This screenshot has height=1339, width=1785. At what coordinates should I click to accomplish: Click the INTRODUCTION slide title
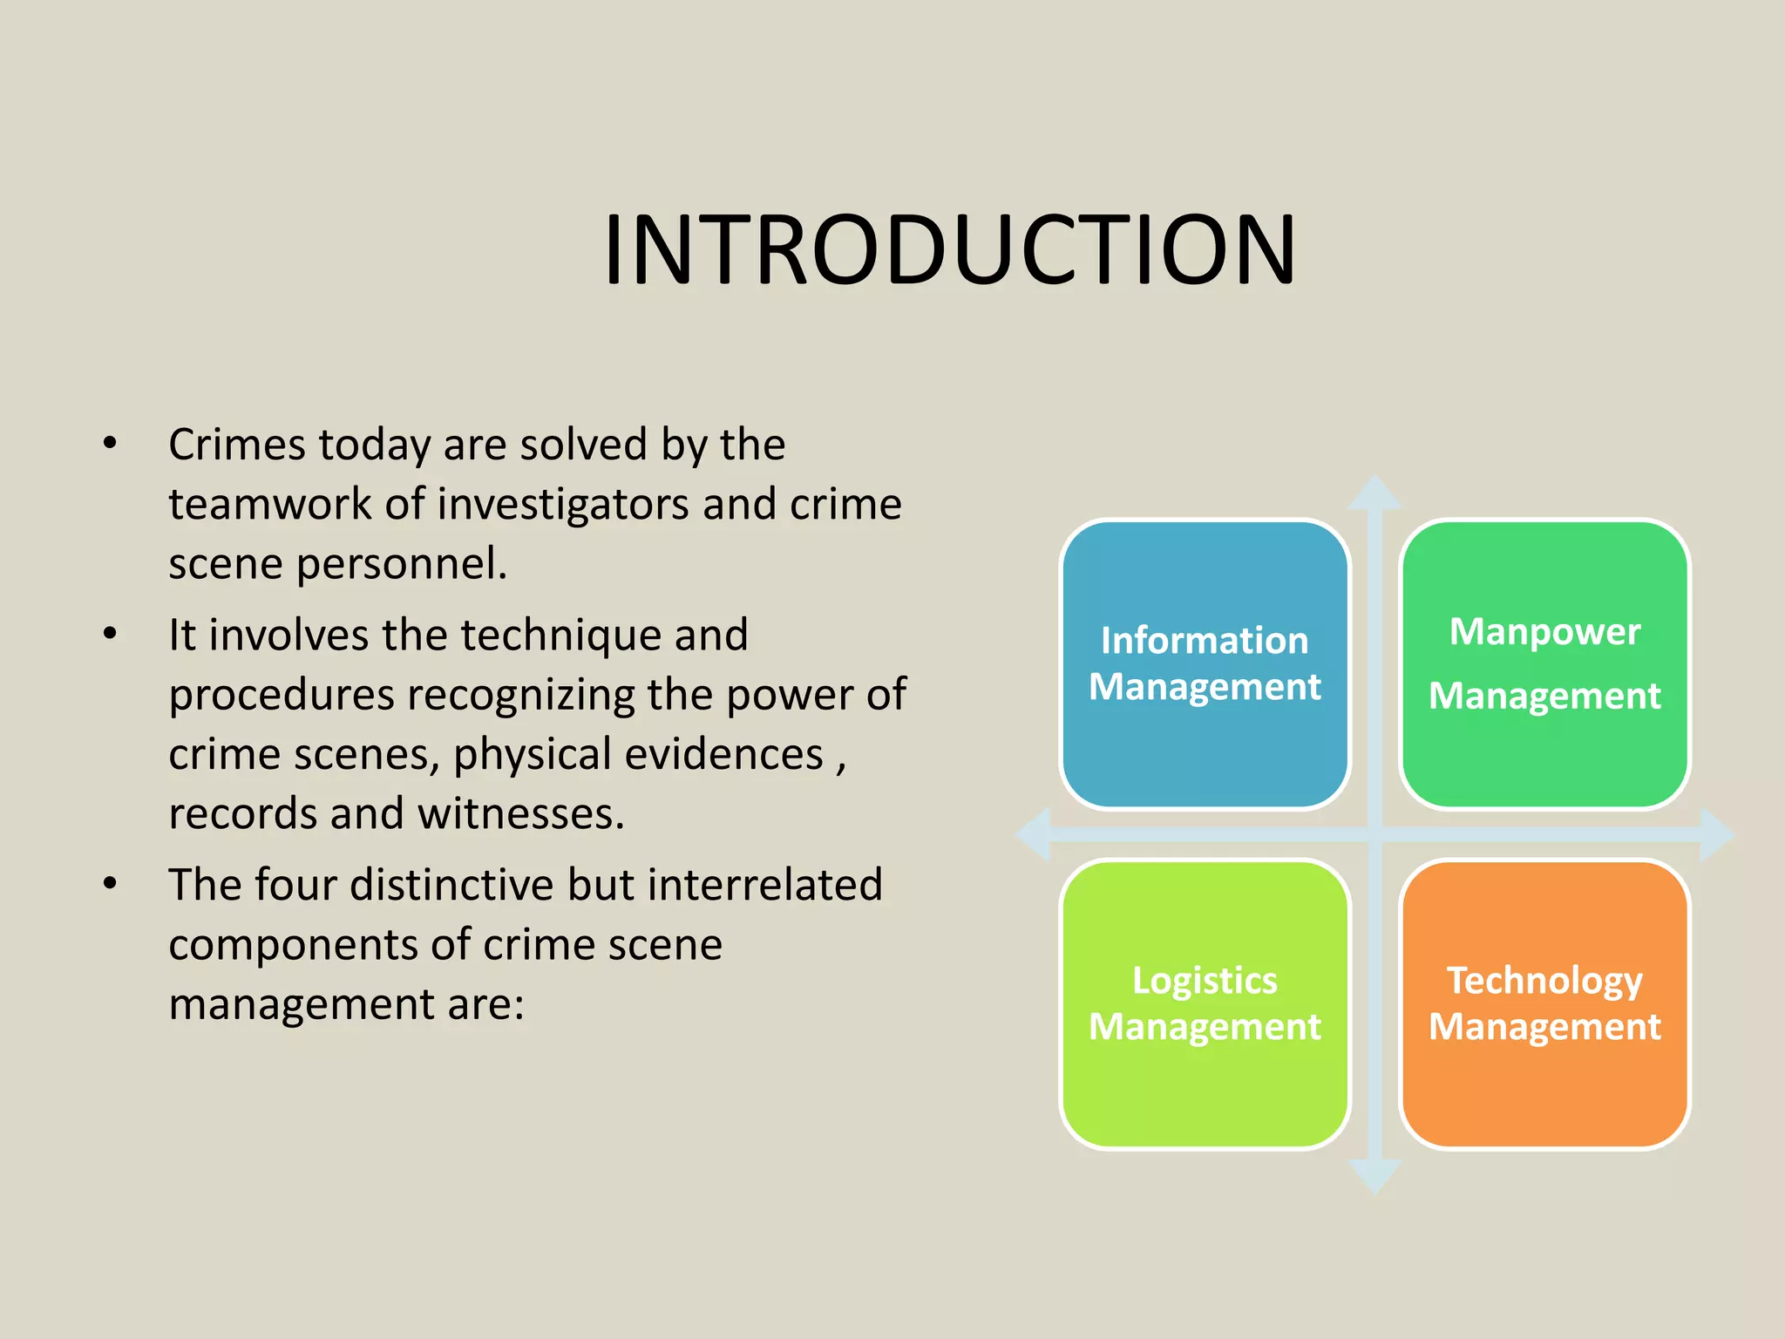click(950, 250)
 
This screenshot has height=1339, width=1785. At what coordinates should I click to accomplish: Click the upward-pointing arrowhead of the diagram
click(1374, 493)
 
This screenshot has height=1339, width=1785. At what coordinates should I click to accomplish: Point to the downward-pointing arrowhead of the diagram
click(1374, 1177)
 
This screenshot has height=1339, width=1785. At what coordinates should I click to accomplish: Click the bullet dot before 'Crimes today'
click(110, 444)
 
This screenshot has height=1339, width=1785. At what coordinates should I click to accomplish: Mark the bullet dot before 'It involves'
click(110, 634)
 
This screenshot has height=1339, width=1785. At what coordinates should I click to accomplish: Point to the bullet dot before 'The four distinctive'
click(110, 884)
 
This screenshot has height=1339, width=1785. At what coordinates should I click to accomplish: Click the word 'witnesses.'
click(521, 814)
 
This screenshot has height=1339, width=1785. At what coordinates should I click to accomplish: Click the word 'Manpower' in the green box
click(1544, 632)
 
